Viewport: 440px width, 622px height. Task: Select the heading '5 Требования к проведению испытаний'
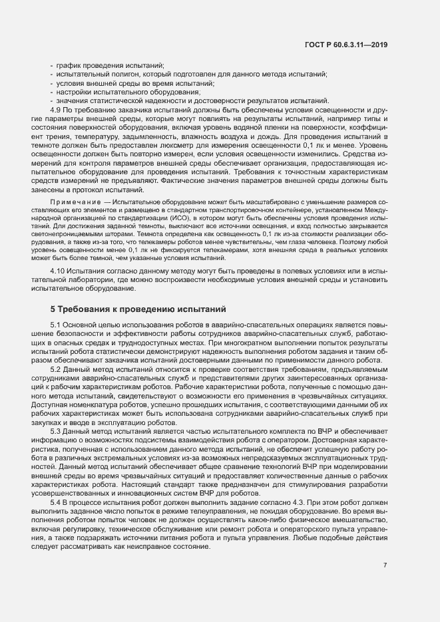(x=139, y=309)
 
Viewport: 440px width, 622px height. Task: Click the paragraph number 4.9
(x=57, y=108)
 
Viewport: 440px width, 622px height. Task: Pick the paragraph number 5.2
(x=57, y=369)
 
